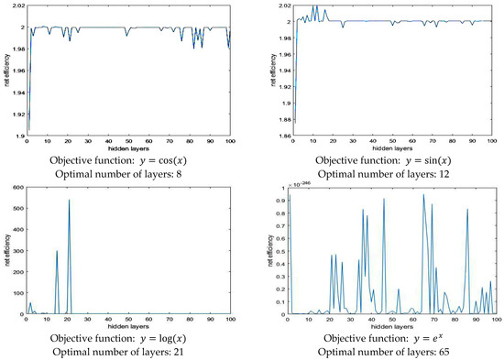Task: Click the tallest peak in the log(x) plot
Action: click(x=69, y=200)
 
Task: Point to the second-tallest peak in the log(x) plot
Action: click(x=57, y=251)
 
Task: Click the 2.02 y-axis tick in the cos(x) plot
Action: click(x=13, y=7)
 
